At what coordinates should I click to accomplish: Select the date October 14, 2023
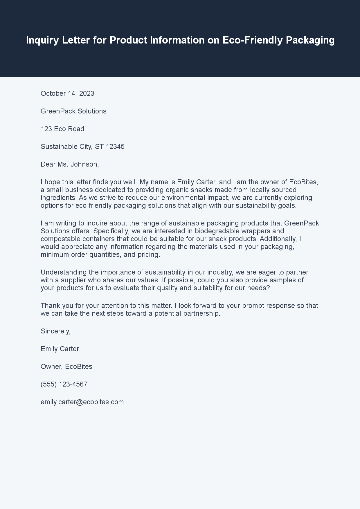(x=67, y=93)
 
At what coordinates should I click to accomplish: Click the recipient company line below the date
(x=73, y=111)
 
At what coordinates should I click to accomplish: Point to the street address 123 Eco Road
(x=62, y=129)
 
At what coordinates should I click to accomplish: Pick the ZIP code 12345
(x=115, y=147)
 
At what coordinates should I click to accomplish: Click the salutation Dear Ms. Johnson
(x=70, y=164)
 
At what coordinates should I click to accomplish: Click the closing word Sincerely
(x=55, y=331)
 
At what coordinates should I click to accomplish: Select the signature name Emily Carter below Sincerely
(x=60, y=349)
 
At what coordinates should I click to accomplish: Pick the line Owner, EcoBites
(x=66, y=367)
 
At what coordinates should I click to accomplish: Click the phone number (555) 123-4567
(x=64, y=384)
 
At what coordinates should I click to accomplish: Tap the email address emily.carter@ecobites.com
(x=82, y=402)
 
